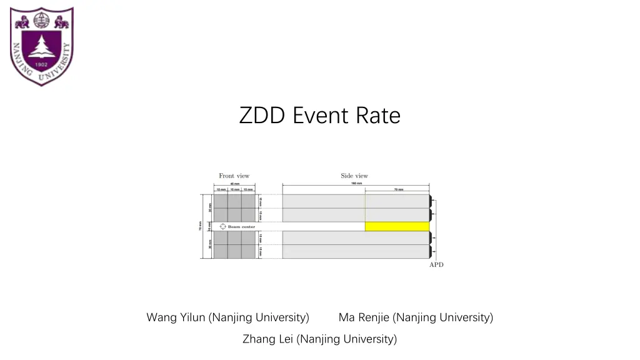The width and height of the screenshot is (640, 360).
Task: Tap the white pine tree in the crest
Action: [x=42, y=46]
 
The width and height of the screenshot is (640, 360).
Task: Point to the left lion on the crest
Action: [x=22, y=22]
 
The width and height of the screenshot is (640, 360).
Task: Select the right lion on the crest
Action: [x=61, y=22]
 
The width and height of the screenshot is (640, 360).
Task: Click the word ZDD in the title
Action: [x=262, y=116]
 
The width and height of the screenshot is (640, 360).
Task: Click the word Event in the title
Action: [x=321, y=116]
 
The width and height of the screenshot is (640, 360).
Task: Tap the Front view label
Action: [x=234, y=176]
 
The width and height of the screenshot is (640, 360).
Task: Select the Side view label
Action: [x=354, y=176]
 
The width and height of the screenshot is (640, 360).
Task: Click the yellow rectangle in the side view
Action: [x=397, y=226]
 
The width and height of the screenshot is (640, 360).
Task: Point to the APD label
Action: [x=436, y=265]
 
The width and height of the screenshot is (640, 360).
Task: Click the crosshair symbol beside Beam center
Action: [x=222, y=226]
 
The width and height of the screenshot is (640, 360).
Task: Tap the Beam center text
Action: [x=241, y=226]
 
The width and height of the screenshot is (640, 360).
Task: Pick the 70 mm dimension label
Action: [x=398, y=189]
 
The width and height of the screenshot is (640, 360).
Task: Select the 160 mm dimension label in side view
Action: [x=356, y=183]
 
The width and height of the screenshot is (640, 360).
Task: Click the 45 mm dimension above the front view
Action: [x=234, y=184]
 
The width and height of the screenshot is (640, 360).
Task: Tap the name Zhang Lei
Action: [x=267, y=339]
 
